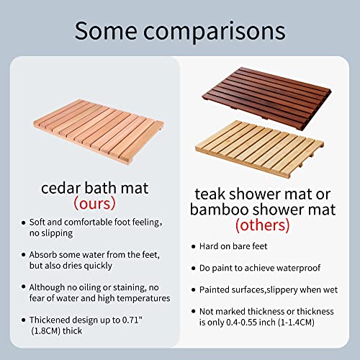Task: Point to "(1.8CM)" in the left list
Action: click(x=46, y=331)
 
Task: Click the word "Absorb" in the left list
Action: click(x=42, y=256)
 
